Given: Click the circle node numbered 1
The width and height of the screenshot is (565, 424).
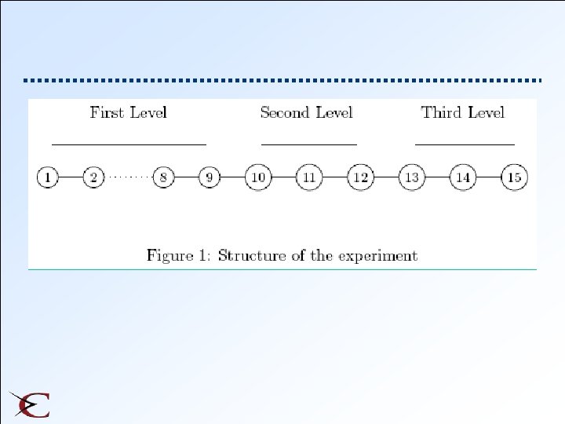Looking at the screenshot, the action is click(x=47, y=177).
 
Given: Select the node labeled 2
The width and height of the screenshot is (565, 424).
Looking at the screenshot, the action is click(x=93, y=177).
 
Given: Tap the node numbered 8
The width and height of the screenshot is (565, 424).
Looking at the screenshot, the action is click(x=163, y=177).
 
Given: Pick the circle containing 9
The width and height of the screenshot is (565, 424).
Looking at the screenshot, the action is click(x=209, y=177).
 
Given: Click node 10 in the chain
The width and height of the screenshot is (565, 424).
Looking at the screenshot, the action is click(x=257, y=177).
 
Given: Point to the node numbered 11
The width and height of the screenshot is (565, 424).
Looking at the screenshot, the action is click(x=309, y=177).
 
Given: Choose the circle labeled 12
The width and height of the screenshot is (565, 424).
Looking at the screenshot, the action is click(x=360, y=177).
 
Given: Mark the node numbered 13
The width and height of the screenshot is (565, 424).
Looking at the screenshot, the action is click(x=411, y=177).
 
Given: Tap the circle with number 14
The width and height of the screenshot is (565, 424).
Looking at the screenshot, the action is click(x=463, y=177).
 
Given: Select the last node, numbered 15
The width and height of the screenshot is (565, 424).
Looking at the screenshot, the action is click(x=514, y=177).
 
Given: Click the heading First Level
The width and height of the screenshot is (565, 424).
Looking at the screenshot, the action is click(x=128, y=112).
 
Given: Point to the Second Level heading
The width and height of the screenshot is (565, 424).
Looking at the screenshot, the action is click(x=306, y=112).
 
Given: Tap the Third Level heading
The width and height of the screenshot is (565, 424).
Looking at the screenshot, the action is click(x=462, y=112).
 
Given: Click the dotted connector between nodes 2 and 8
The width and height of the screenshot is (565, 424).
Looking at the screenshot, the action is click(x=128, y=177).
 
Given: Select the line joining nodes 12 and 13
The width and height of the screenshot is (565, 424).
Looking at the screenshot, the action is click(x=385, y=177).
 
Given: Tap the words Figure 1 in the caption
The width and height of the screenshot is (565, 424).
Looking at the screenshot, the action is click(x=180, y=256).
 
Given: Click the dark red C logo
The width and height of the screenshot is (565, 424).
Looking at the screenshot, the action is click(x=34, y=404).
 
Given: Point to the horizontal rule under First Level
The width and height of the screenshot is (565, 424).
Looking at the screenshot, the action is click(x=129, y=144).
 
